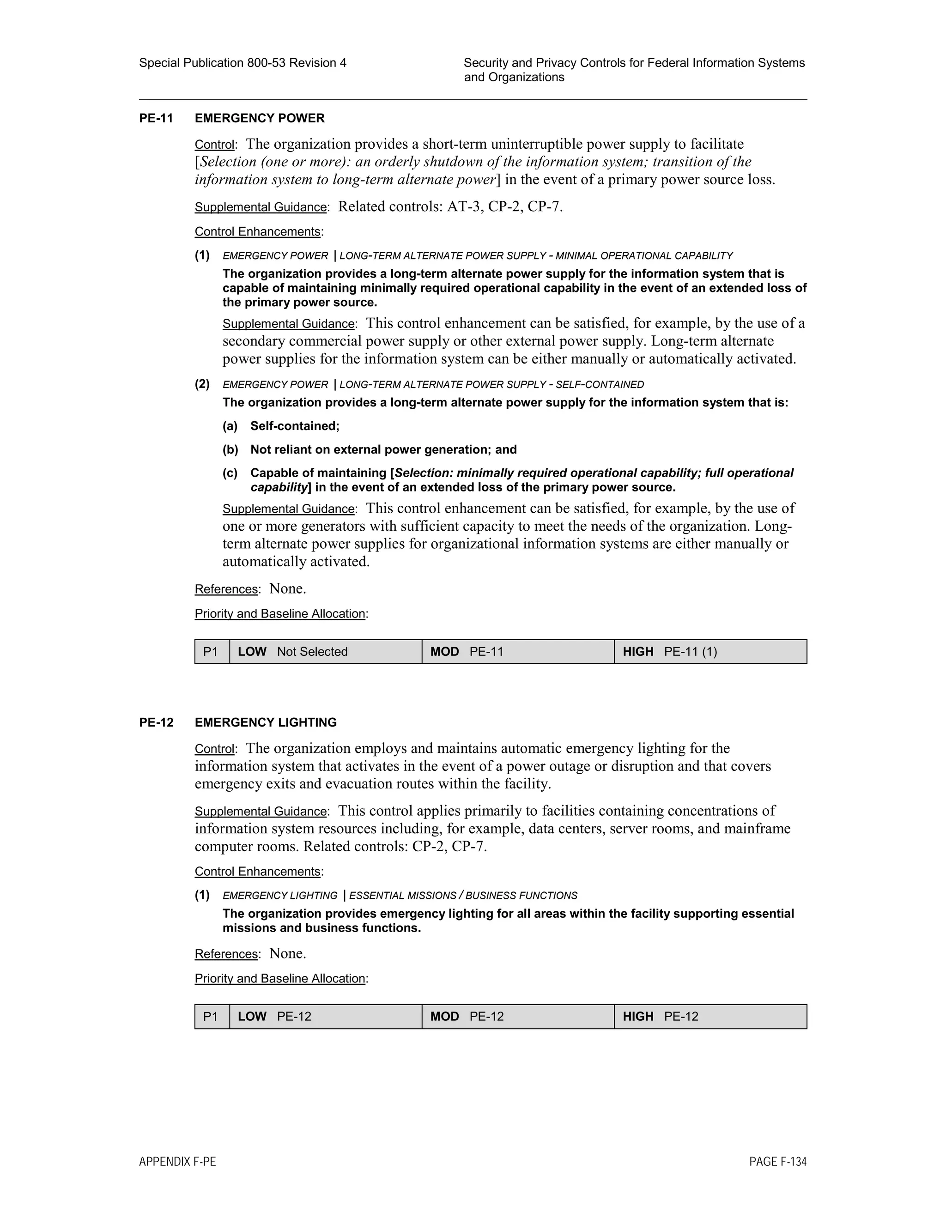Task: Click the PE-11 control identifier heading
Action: [156, 118]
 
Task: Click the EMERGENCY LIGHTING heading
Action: [266, 722]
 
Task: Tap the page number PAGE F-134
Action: [777, 1162]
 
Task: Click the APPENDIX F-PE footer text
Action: [177, 1162]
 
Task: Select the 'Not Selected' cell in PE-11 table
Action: [312, 652]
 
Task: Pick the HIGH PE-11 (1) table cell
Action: [710, 652]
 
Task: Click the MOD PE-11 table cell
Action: [518, 652]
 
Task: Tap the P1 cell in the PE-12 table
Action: [211, 1017]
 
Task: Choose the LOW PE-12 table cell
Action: [325, 1017]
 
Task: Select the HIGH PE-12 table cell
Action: [710, 1017]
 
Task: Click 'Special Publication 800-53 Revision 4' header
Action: [243, 63]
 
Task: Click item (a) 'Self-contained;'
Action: [295, 426]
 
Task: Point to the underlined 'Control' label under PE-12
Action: [214, 749]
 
